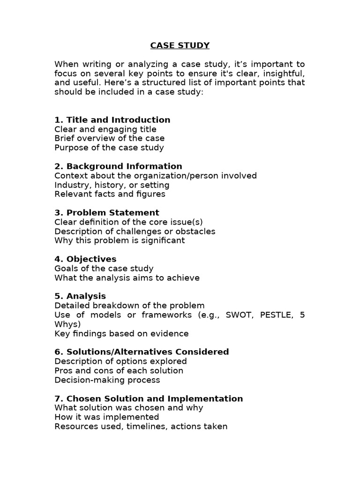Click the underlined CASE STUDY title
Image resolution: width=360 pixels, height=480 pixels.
(180, 45)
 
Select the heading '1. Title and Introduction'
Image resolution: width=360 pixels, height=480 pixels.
(112, 120)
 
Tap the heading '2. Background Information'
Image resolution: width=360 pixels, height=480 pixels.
(118, 166)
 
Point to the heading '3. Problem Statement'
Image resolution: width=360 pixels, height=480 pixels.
(106, 212)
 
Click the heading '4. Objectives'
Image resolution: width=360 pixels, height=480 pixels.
(85, 259)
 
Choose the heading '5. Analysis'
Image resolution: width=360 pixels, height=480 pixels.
(80, 296)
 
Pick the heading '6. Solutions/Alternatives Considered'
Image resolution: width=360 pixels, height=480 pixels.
(142, 352)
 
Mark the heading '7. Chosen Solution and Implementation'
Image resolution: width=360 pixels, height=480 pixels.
(149, 398)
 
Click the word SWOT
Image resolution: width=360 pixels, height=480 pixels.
(239, 315)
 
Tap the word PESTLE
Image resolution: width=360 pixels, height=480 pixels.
(276, 315)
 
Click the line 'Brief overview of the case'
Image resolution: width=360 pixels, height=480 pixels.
(109, 138)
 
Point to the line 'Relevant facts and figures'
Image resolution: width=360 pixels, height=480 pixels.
(110, 194)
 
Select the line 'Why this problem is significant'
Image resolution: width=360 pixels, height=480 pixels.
(120, 240)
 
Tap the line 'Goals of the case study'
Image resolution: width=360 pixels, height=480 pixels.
(104, 269)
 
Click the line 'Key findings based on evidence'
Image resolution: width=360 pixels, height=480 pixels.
(121, 334)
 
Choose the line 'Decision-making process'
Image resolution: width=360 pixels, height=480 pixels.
(107, 380)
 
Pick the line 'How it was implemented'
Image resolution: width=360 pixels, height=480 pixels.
(106, 417)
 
